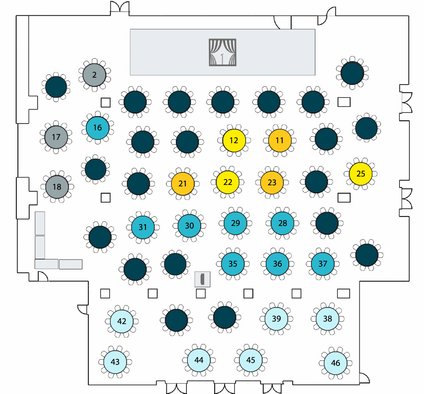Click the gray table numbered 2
tap(94, 75)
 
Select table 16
tap(98, 127)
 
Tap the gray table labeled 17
tap(56, 137)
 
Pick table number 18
tap(57, 187)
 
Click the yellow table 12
tap(234, 140)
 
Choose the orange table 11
tap(280, 140)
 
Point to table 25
tap(361, 174)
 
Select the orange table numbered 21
tap(182, 183)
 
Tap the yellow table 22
tap(228, 182)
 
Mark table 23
tap(272, 182)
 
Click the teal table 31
tap(143, 227)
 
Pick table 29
tap(235, 223)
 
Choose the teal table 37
tap(323, 264)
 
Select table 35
tap(233, 264)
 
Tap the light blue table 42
tap(122, 321)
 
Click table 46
tap(336, 363)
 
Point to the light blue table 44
tap(199, 360)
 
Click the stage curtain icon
tap(223, 52)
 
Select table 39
tap(276, 319)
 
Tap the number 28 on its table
tap(283, 223)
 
